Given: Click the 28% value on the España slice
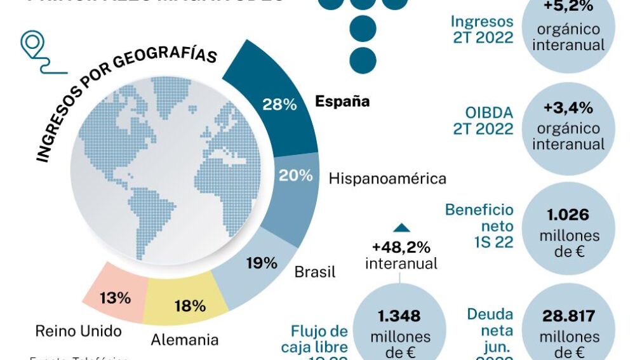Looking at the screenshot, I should [x=279, y=105].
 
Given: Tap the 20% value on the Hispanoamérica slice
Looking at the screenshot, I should [x=296, y=176].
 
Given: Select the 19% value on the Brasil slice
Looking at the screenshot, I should [x=262, y=263].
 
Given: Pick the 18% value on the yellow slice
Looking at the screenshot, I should [x=190, y=306].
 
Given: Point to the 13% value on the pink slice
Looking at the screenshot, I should [x=115, y=298].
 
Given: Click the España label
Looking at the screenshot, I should [x=343, y=102].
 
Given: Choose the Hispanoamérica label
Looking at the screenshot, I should [x=387, y=179].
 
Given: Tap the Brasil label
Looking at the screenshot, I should [x=315, y=272].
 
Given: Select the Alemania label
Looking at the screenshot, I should [x=184, y=340].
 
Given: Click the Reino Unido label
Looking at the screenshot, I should [x=78, y=331].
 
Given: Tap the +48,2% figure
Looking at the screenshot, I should [x=401, y=246].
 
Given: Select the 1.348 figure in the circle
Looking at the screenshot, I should [x=399, y=316].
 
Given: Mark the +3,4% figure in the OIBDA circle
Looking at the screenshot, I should [x=568, y=107].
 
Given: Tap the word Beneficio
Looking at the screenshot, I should [x=479, y=210].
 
